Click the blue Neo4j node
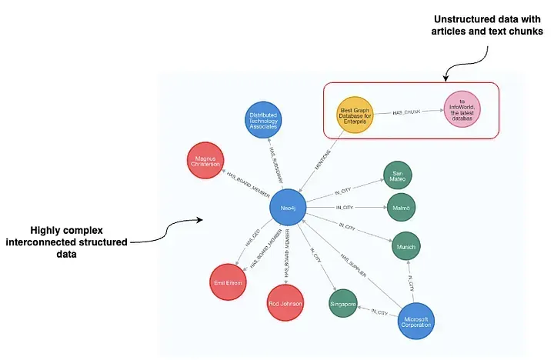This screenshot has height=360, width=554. tap(289, 208)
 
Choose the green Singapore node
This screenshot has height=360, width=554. tap(343, 304)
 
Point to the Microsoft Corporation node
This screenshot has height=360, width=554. tap(417, 321)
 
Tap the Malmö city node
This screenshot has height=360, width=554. tap(401, 208)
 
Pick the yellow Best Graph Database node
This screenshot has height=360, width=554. tap(356, 115)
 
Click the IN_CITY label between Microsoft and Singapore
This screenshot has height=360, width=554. tap(379, 312)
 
